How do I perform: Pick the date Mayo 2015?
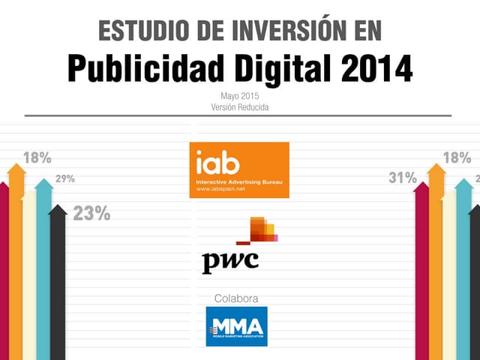click(240, 96)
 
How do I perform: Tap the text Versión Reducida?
click(240, 107)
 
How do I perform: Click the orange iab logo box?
click(239, 169)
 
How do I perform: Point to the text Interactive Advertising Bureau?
click(238, 182)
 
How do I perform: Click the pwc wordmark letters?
click(230, 262)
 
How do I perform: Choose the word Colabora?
click(236, 298)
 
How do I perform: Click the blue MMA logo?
click(236, 326)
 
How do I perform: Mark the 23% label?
click(91, 214)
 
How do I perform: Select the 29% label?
click(64, 179)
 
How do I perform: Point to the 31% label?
click(402, 178)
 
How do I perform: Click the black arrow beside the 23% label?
click(58, 285)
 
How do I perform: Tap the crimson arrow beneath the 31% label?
click(421, 277)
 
